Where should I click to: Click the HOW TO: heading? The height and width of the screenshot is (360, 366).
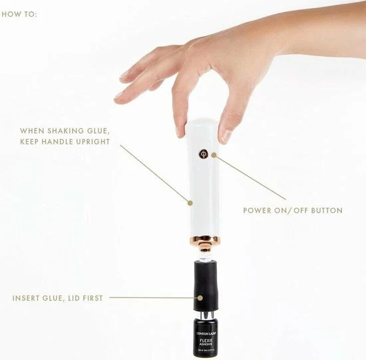coord(20,13)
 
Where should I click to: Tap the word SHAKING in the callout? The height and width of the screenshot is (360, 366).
coord(70,131)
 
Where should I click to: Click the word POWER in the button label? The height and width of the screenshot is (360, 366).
coord(255,210)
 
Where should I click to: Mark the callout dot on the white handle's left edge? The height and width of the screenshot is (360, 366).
coord(190,201)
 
